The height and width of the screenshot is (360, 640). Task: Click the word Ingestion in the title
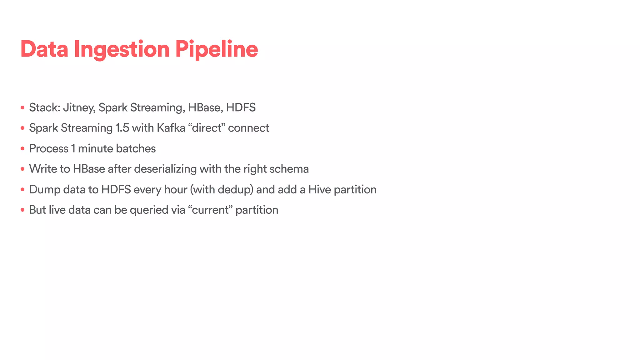(122, 49)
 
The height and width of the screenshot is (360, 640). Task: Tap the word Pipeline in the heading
(216, 49)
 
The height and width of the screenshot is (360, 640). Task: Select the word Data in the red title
(44, 49)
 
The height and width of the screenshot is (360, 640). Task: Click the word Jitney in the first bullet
(79, 108)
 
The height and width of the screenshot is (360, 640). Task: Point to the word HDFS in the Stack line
(241, 107)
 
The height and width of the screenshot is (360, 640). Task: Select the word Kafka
(171, 128)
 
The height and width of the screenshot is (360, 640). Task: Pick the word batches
(136, 148)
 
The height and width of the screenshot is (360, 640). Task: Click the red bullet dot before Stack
(22, 108)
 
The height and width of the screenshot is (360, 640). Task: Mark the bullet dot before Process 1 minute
(22, 149)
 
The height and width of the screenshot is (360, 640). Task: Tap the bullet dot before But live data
(22, 210)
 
